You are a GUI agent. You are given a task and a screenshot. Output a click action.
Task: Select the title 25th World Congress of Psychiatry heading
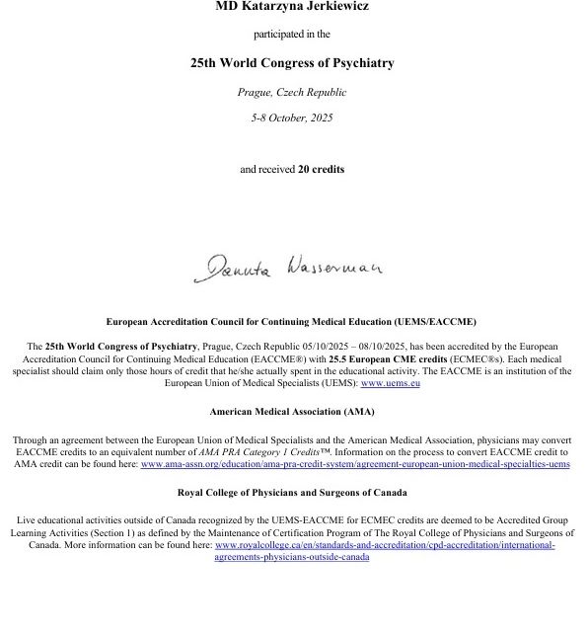coord(292,63)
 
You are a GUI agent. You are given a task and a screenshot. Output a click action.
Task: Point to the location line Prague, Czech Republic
coord(292,93)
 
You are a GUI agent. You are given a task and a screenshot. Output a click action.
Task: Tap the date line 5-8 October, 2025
coord(292,118)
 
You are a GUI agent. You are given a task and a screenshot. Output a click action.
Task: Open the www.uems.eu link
coord(390,383)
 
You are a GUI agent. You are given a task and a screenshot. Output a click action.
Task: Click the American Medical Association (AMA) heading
coord(292,411)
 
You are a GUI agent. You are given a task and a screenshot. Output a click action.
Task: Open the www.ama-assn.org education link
coord(355,463)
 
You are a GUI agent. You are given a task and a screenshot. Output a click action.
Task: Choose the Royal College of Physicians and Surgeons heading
coord(292,492)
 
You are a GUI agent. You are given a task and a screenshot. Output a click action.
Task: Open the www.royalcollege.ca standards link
coord(385,544)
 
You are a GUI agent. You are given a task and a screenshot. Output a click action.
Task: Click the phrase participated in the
coord(292,35)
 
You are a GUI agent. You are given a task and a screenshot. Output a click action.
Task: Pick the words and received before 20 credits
coord(267,169)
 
